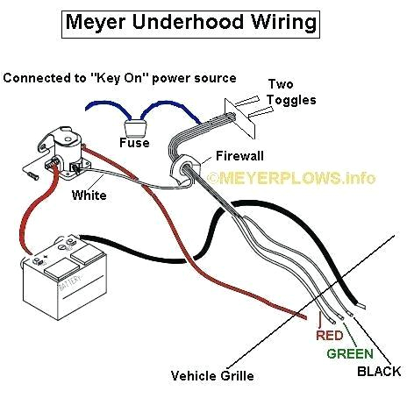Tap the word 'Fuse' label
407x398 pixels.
[134, 142]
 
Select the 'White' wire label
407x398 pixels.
[89, 195]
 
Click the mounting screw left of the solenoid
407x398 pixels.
[32, 176]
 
